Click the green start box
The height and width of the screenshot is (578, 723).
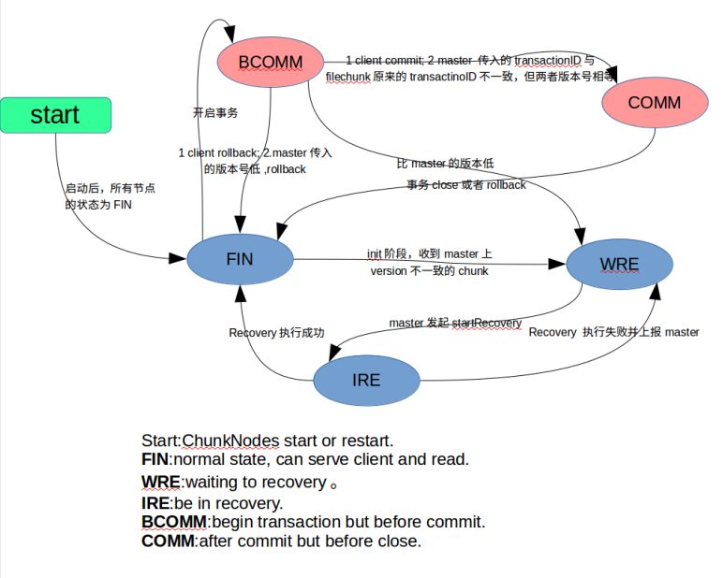tap(56, 115)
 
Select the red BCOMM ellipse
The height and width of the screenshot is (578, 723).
tap(271, 63)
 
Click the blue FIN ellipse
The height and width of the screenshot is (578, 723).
tap(240, 259)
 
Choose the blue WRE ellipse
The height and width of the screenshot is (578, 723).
tap(619, 264)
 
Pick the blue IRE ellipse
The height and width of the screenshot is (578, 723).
tap(366, 380)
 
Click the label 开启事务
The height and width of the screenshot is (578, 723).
tap(215, 112)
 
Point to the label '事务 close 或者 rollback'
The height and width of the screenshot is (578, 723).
tap(466, 184)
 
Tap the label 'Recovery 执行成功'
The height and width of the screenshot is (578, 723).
tap(276, 332)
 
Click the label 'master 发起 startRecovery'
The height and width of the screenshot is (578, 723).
tap(455, 323)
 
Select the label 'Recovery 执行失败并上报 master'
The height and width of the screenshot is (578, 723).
tap(613, 332)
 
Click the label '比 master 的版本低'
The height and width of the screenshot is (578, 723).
tap(445, 164)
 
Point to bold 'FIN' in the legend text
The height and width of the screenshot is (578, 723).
tap(155, 459)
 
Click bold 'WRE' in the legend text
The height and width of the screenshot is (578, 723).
tap(161, 483)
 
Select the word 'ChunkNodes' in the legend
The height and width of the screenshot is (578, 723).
tap(226, 441)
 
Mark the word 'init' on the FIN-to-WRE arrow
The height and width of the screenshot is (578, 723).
tap(375, 253)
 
